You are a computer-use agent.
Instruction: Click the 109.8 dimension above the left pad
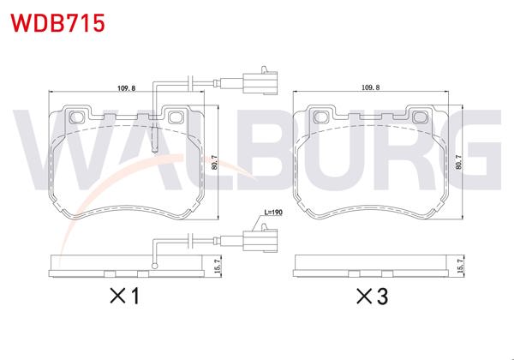(128, 86)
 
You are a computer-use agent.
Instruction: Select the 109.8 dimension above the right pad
(371, 86)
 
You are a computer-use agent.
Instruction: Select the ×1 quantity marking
(123, 297)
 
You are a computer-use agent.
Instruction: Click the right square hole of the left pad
(178, 116)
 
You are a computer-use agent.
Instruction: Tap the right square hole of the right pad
(421, 116)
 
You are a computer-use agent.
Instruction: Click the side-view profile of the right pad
(371, 267)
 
